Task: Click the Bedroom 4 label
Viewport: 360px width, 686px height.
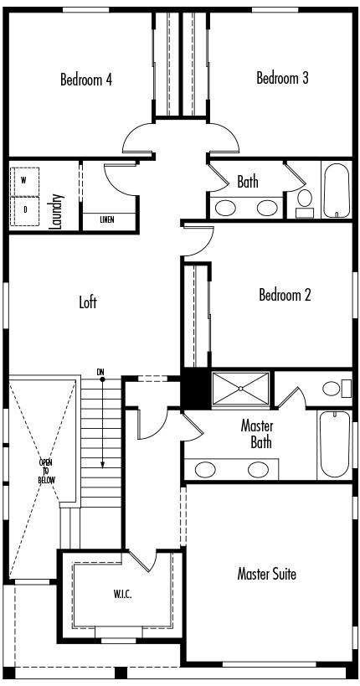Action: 86,80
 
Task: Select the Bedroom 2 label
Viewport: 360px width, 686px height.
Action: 285,295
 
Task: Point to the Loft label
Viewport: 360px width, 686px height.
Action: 88,302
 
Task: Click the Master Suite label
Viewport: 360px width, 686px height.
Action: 266,574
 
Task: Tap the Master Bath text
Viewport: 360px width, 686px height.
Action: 257,433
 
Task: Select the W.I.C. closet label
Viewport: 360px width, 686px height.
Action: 123,595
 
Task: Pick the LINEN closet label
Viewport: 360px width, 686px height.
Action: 107,220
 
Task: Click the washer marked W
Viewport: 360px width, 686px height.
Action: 24,181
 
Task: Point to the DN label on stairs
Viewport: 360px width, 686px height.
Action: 101,371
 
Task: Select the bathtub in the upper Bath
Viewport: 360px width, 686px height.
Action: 337,190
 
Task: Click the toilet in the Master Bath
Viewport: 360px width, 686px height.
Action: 333,388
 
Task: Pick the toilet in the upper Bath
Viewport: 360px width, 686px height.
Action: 305,200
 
